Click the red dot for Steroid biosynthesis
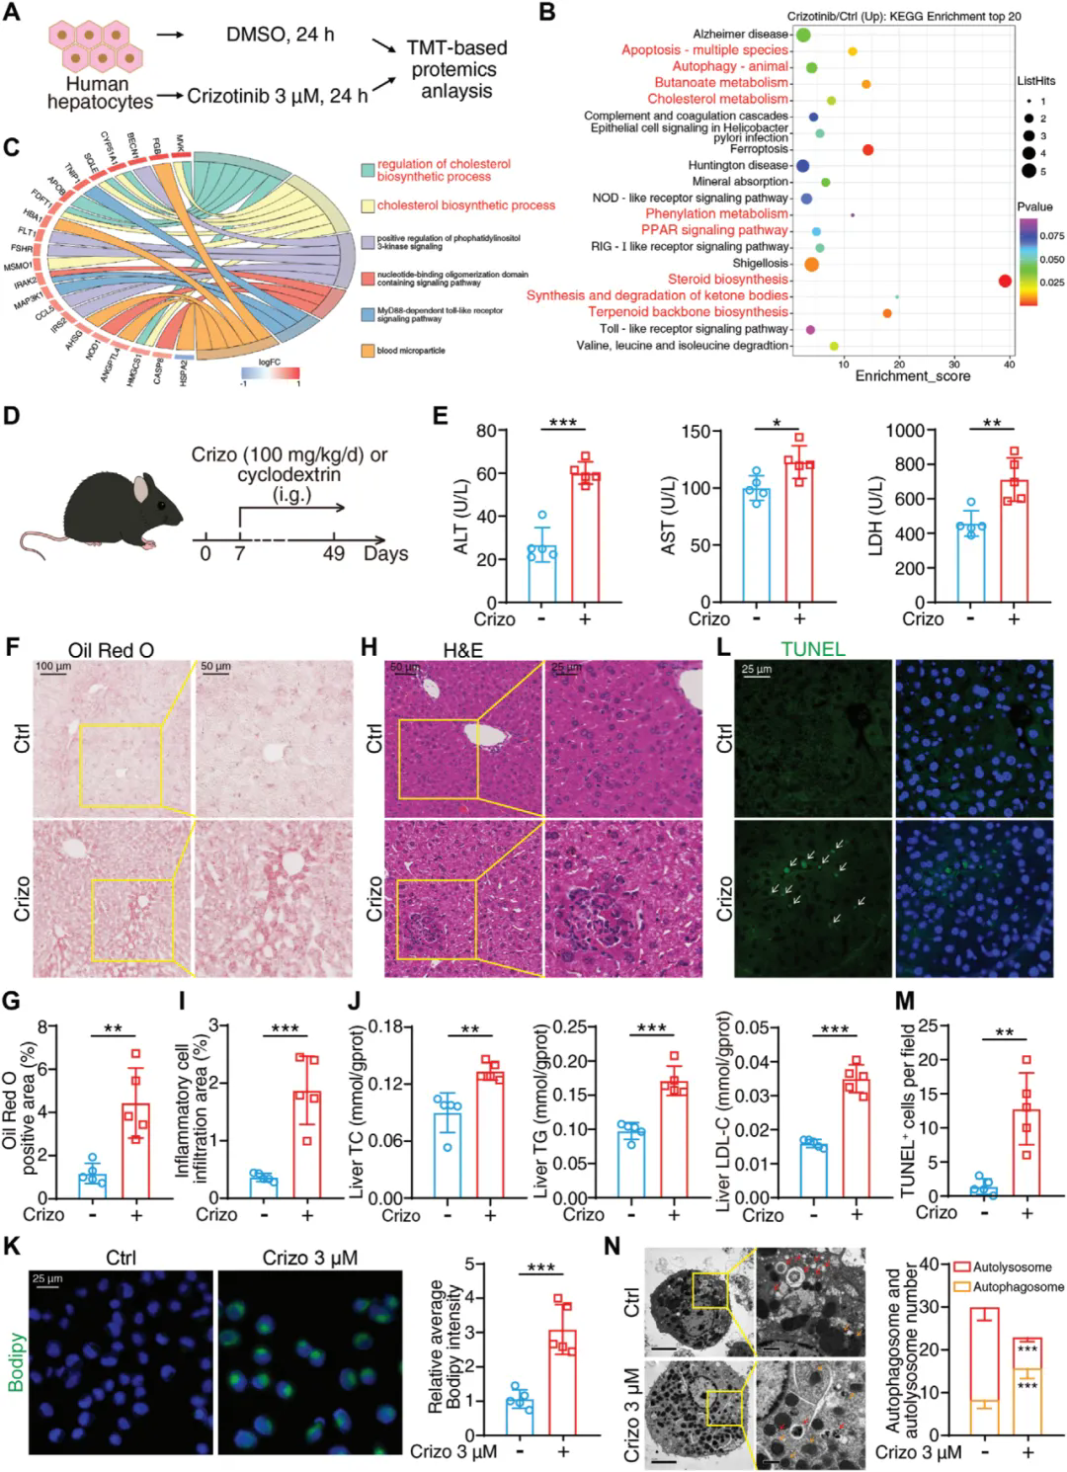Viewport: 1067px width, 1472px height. click(1005, 281)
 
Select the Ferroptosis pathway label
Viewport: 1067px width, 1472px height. click(759, 149)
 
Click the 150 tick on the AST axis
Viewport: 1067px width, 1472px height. click(697, 432)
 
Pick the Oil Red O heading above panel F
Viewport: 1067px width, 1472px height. click(111, 649)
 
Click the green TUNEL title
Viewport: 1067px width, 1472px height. click(812, 649)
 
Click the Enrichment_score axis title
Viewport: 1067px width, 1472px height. click(912, 376)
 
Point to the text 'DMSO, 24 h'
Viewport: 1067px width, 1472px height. click(280, 35)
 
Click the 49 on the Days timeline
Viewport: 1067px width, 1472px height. click(333, 553)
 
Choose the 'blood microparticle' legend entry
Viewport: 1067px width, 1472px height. click(410, 351)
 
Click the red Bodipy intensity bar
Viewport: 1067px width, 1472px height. click(563, 1382)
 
